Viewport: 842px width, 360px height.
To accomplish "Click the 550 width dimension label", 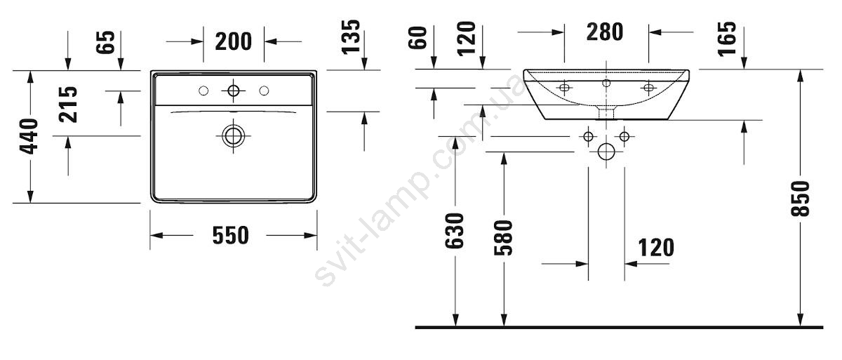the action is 230,235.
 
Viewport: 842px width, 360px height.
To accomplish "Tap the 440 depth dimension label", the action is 29,136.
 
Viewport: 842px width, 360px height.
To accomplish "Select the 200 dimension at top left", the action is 233,41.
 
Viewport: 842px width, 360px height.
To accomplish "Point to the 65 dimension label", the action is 105,42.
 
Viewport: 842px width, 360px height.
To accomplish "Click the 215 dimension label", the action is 68,105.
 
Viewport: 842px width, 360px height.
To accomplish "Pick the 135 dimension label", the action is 351,37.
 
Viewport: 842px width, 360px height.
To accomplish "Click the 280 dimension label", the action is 605,32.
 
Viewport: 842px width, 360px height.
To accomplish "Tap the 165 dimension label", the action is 727,39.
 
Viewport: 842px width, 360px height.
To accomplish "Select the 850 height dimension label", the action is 800,199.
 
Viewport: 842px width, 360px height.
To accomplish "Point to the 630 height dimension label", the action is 455,231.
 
